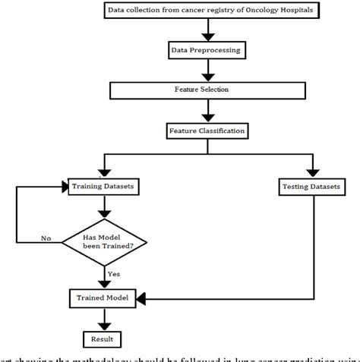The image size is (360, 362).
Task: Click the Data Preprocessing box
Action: (205, 50)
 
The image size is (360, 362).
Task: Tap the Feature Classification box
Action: (205, 131)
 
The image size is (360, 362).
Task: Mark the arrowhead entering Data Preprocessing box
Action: (205, 39)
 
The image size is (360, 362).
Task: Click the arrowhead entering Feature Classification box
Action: (205, 119)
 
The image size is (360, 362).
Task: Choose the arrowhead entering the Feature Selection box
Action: (205, 78)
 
